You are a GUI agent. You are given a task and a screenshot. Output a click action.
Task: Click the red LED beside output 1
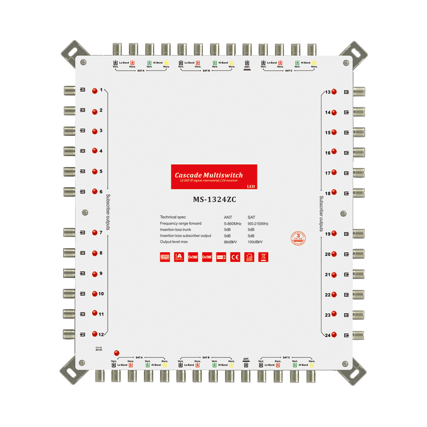(x=94, y=91)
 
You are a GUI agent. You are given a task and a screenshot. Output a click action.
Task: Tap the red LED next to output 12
(x=94, y=334)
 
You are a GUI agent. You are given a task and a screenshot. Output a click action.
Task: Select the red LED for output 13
(x=334, y=92)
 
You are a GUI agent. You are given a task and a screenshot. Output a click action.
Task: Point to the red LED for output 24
(x=334, y=335)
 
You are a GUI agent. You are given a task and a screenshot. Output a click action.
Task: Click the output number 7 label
(x=101, y=233)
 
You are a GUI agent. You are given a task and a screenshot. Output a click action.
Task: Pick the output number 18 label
(x=328, y=193)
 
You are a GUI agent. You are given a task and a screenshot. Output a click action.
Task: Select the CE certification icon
(x=235, y=257)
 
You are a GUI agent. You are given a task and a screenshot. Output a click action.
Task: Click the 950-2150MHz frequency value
(x=258, y=224)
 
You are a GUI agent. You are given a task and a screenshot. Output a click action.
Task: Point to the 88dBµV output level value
(x=230, y=242)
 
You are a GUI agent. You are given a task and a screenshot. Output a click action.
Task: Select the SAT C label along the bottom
(x=286, y=357)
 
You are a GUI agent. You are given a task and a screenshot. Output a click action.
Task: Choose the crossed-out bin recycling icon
(x=263, y=257)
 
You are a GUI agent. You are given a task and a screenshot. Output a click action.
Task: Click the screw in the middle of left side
(x=85, y=212)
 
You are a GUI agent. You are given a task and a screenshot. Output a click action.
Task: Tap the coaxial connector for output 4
(x=70, y=151)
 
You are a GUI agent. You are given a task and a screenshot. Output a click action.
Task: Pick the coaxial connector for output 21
(x=359, y=275)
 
